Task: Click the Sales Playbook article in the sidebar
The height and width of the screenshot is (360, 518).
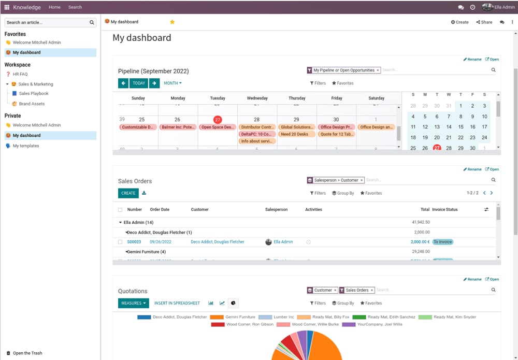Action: [33, 94]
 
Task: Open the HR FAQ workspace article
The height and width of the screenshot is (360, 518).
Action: [20, 74]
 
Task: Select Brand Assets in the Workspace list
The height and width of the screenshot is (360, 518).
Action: [32, 104]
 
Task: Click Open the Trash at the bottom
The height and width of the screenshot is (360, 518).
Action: [27, 353]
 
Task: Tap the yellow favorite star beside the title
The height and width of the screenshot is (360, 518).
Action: [172, 22]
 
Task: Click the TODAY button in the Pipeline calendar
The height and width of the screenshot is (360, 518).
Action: [139, 83]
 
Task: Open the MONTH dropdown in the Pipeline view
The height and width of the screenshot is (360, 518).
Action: [172, 83]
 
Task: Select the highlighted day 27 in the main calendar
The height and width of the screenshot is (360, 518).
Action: [218, 119]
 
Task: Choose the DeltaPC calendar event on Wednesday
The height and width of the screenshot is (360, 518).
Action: [257, 134]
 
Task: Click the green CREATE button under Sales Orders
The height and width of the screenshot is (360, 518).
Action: [128, 193]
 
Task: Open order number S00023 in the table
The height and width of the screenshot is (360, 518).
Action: [134, 242]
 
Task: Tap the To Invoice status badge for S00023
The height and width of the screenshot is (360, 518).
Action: [443, 242]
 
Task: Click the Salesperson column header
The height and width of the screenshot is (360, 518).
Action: [277, 210]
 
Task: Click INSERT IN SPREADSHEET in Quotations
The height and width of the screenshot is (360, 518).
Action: [177, 303]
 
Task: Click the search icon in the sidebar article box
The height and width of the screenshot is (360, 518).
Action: [92, 22]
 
